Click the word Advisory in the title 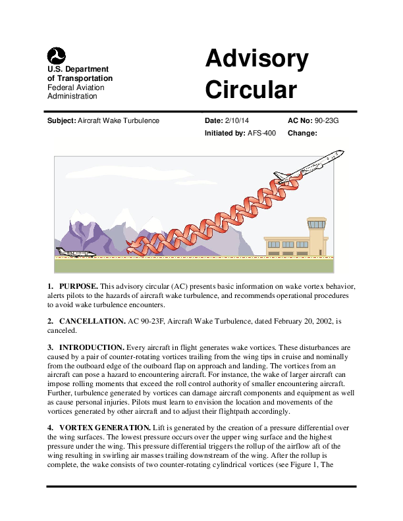(x=256, y=59)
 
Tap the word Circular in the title (x=251, y=89)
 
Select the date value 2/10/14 (x=237, y=121)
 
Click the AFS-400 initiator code (x=261, y=133)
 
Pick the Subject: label (x=61, y=121)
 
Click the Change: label (x=303, y=133)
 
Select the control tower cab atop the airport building (x=317, y=226)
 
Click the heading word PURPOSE (x=78, y=286)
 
